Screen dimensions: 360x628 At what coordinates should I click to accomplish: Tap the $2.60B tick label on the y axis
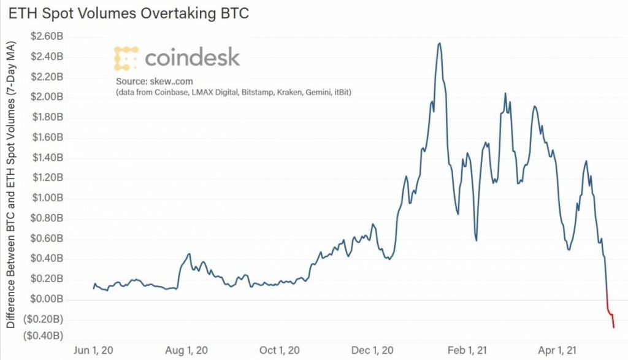point(48,37)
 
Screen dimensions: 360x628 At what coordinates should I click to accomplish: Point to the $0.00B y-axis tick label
point(48,299)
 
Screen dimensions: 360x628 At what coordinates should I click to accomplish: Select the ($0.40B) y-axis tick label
point(44,336)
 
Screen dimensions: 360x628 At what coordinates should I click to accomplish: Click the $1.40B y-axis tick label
point(48,158)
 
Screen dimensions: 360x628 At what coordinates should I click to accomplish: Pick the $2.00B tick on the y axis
point(48,98)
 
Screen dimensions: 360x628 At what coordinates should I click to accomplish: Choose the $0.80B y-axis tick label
point(48,218)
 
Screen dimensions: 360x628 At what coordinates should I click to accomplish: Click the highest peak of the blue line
point(439,44)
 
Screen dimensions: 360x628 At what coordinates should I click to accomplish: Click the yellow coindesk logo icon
point(126,57)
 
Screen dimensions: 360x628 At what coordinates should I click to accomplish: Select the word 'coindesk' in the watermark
point(192,58)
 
